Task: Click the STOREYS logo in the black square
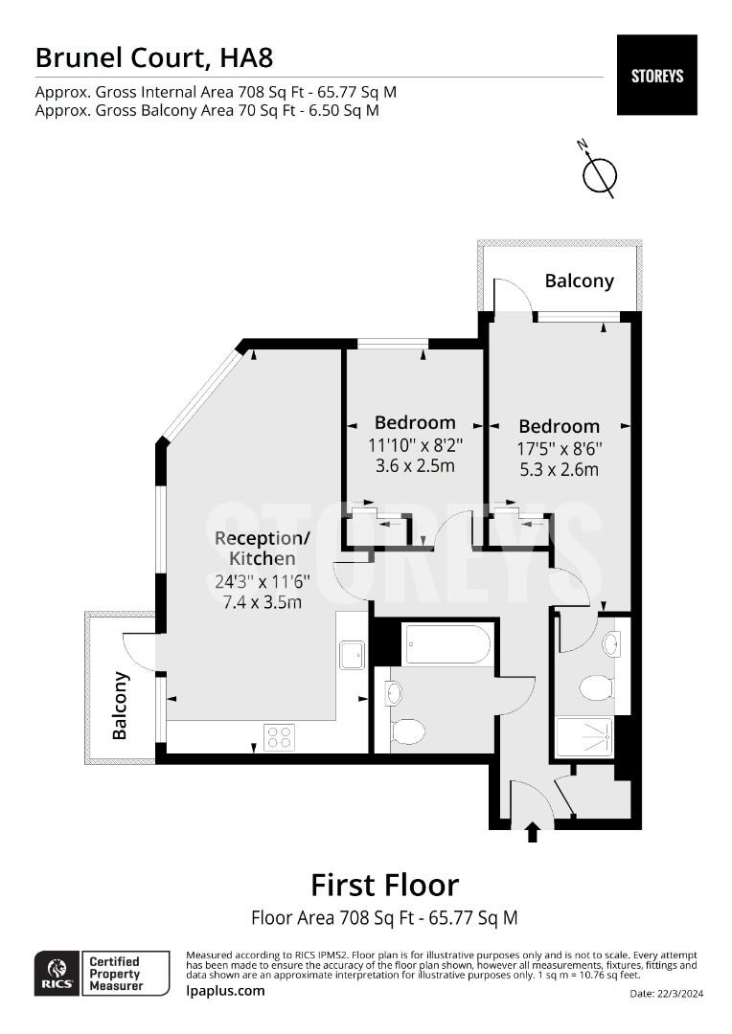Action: coord(656,75)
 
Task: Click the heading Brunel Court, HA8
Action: coord(154,57)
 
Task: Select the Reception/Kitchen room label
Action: coord(255,547)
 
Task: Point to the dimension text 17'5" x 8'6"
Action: coord(560,448)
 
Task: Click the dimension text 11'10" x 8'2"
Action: coord(415,444)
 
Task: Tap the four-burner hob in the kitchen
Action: coord(279,736)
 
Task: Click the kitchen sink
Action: coord(352,656)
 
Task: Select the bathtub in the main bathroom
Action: coord(447,643)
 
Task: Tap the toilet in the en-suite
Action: coord(598,686)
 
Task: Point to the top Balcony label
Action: coord(579,281)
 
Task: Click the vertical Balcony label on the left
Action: coord(121,706)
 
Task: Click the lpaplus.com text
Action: coord(225,991)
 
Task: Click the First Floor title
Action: coord(384,884)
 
